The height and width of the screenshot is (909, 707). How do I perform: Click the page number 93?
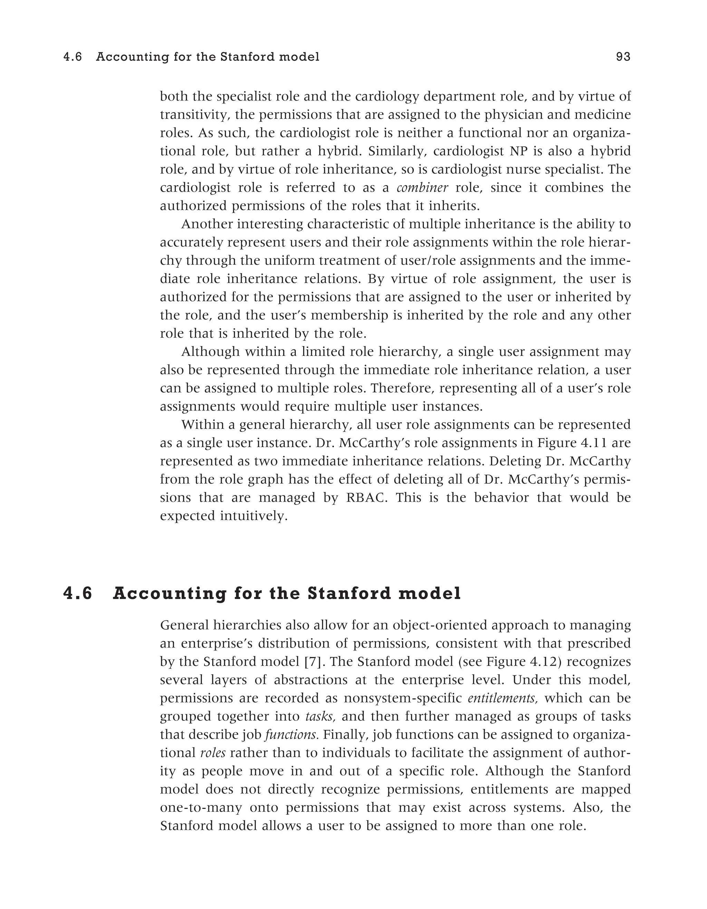tap(623, 57)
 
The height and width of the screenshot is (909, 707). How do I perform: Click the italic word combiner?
tap(422, 188)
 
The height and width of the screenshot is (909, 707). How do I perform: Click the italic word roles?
tap(213, 753)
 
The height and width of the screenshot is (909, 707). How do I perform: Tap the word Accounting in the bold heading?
tap(170, 593)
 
